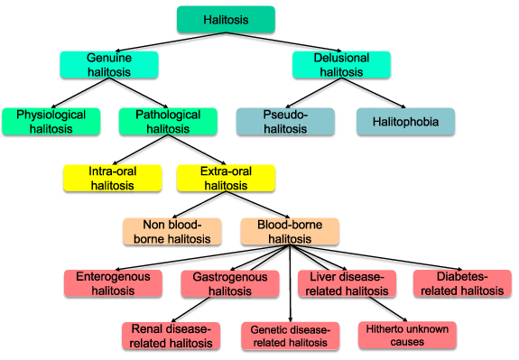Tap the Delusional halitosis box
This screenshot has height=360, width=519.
[x=342, y=64]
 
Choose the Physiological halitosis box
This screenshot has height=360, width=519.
[x=50, y=122]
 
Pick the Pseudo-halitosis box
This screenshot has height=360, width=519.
[x=285, y=122]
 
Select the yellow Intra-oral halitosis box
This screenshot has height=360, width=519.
[x=112, y=178]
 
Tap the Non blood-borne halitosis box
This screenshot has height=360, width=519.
[x=172, y=232]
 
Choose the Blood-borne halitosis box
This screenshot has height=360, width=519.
[x=290, y=232]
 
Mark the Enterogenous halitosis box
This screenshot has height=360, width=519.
[x=113, y=283]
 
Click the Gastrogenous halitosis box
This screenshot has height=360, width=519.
[x=229, y=283]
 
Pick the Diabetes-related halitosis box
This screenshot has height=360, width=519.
[x=460, y=283]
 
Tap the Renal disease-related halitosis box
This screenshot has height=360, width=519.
[x=171, y=336]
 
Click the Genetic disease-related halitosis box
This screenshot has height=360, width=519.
[x=290, y=336]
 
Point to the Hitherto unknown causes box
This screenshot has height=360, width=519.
[x=407, y=336]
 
